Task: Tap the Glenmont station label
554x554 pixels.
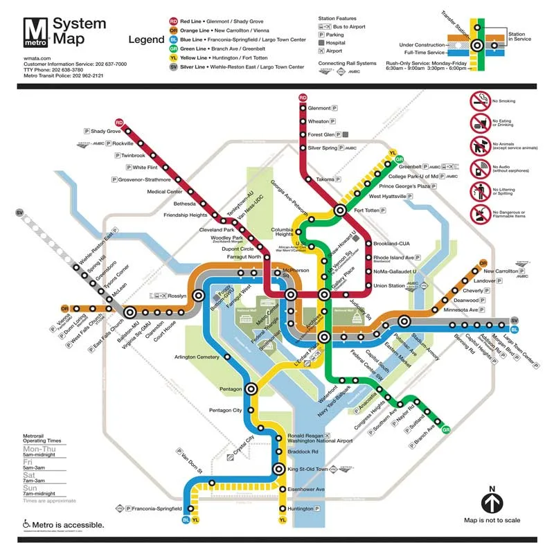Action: [x=319, y=108]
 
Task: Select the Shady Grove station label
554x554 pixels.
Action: [x=106, y=131]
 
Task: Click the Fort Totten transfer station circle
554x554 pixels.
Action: [x=341, y=209]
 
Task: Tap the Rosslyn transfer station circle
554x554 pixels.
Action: [x=199, y=295]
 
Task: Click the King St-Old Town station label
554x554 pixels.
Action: [x=307, y=469]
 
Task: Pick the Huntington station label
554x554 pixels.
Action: [x=301, y=508]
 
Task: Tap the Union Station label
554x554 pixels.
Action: [x=388, y=285]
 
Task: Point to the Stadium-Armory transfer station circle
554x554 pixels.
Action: [x=404, y=321]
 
